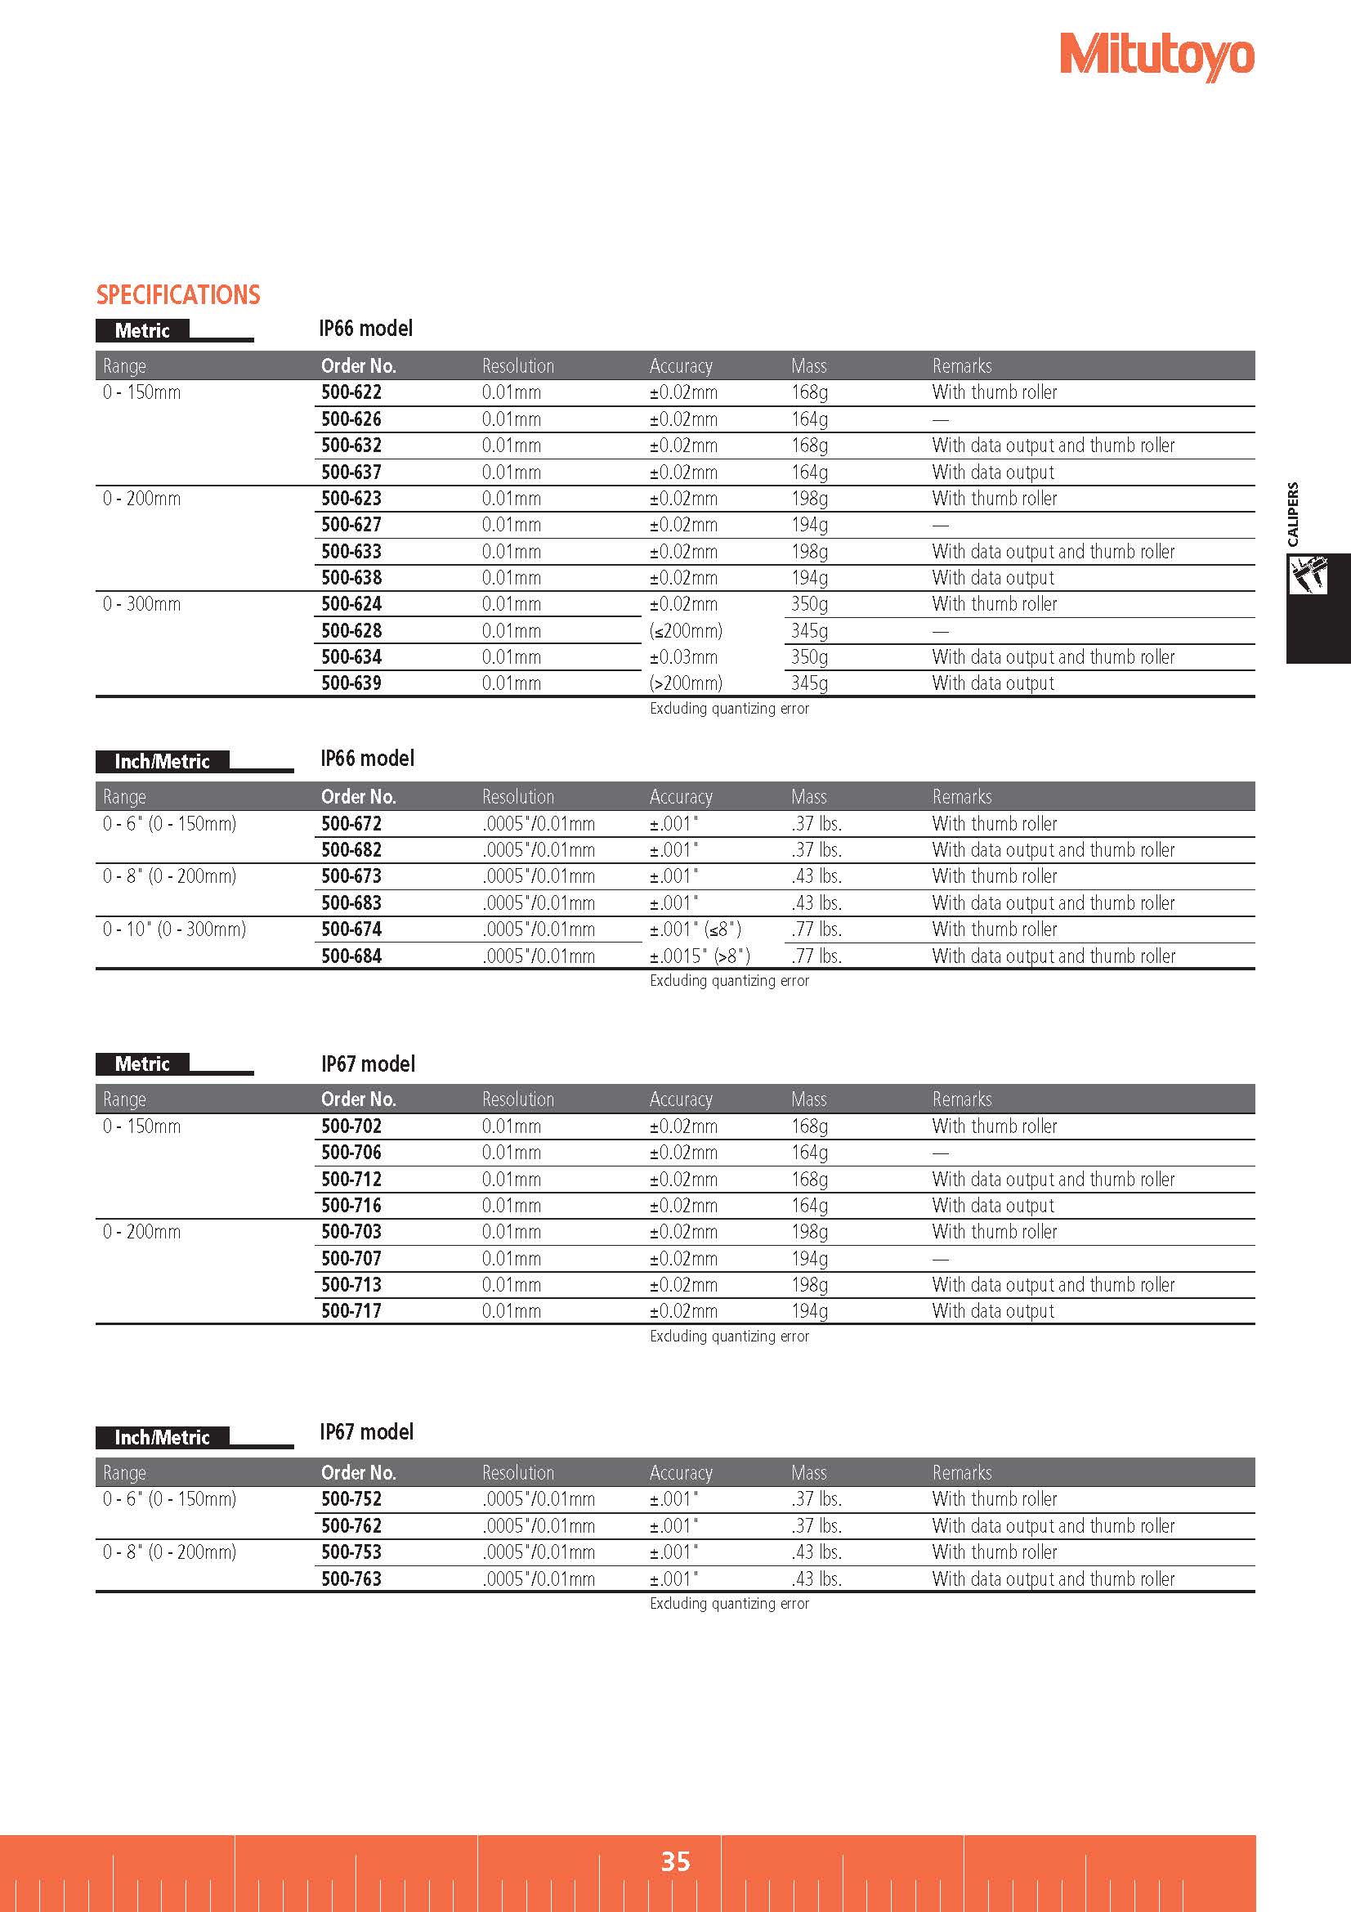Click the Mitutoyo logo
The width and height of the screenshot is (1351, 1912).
[x=1156, y=56]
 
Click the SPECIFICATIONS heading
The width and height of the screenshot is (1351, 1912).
[x=178, y=295]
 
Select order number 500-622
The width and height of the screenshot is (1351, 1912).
[x=351, y=392]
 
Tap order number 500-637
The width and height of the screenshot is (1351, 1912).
[x=351, y=472]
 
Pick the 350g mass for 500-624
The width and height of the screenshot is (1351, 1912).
[x=809, y=604]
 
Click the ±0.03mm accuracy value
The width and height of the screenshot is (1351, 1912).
[x=683, y=657]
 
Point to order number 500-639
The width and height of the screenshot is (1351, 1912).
[x=351, y=683]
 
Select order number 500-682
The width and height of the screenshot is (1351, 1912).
[x=351, y=849]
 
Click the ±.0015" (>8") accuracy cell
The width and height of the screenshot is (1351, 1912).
[x=700, y=956]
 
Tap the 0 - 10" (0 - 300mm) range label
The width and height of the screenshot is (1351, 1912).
[x=175, y=929]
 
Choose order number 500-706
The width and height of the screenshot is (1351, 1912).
[x=351, y=1153]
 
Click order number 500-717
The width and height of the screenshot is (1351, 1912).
[x=351, y=1310]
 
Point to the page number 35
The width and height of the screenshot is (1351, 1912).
[x=675, y=1861]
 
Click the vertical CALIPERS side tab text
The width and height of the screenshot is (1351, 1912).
[x=1293, y=515]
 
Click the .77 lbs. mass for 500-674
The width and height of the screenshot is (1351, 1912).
[x=816, y=929]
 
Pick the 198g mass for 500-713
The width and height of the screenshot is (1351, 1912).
[x=809, y=1284]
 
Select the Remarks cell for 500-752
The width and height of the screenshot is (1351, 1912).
[x=995, y=1499]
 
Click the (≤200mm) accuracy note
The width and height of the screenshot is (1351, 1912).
[x=686, y=630]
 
